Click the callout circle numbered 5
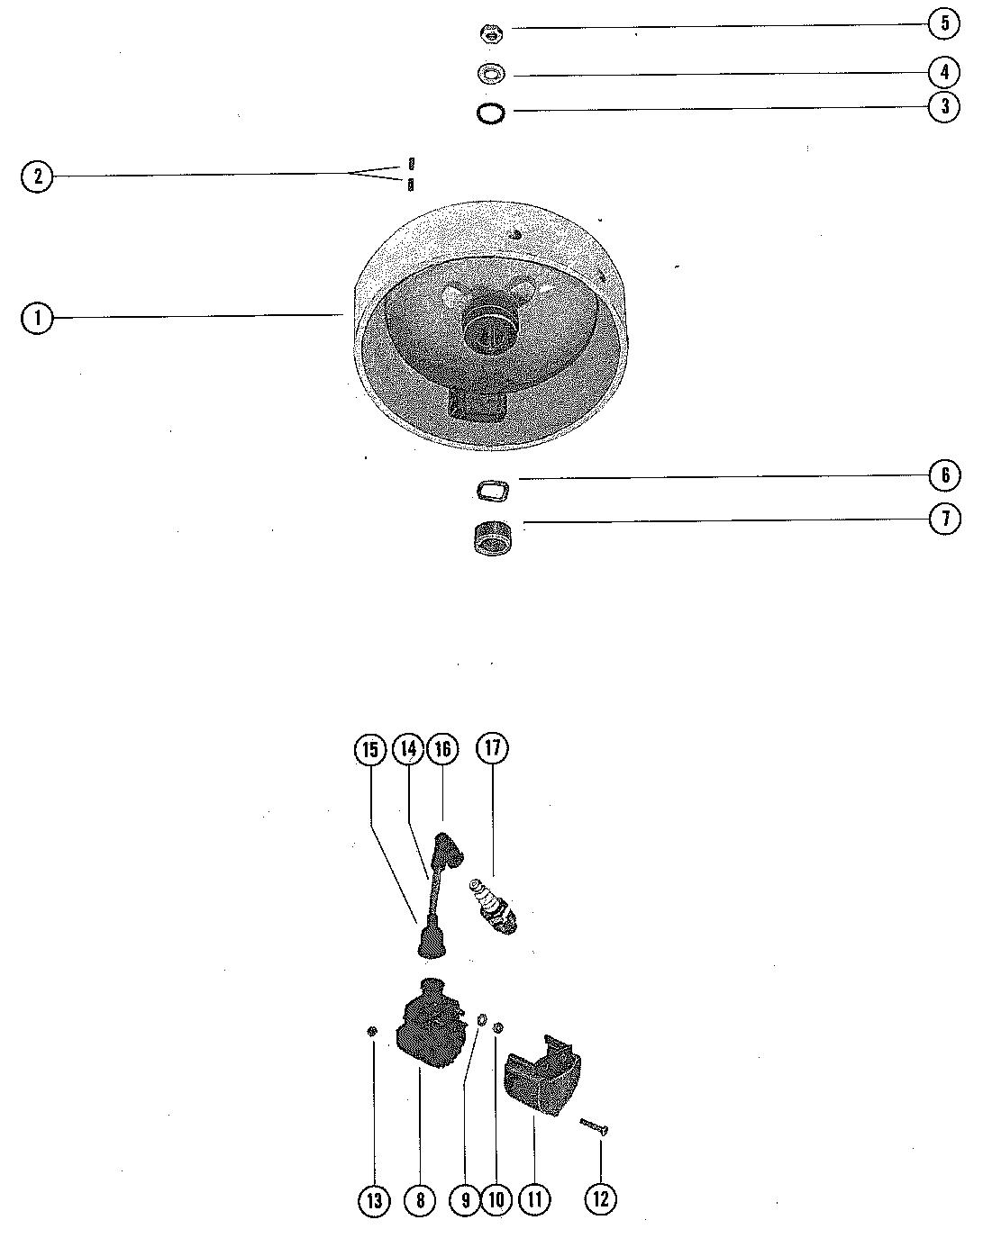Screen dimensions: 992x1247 click(x=944, y=23)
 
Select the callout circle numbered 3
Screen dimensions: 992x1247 click(x=944, y=106)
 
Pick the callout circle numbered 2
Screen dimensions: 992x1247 click(x=37, y=176)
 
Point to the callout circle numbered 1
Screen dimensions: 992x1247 click(x=37, y=318)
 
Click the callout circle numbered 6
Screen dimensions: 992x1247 click(x=944, y=474)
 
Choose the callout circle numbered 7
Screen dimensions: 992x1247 click(x=944, y=519)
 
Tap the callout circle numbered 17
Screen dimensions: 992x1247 click(x=493, y=748)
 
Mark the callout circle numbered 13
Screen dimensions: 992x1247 click(x=374, y=1199)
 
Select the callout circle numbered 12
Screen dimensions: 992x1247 click(x=601, y=1199)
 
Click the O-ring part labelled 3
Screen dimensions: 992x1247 click(x=491, y=114)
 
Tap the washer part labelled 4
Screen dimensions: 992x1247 click(x=492, y=74)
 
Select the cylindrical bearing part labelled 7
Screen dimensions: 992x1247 click(x=492, y=538)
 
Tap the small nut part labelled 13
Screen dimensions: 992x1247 click(x=371, y=1031)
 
